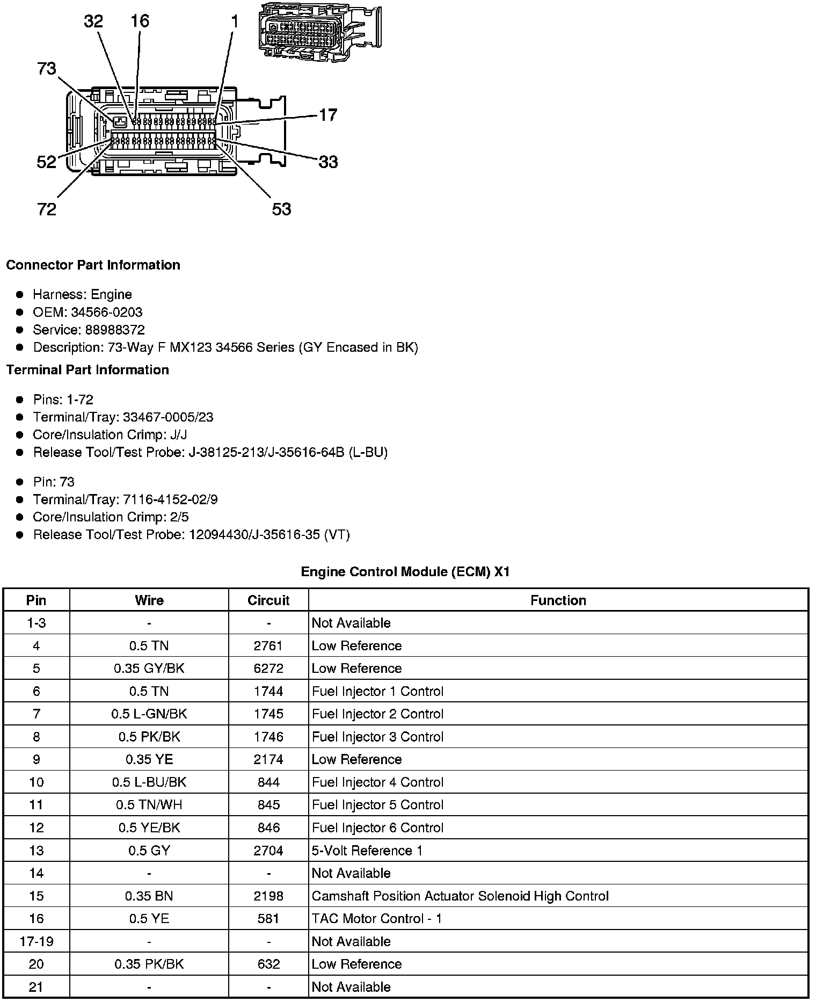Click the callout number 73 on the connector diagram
pyautogui.click(x=47, y=69)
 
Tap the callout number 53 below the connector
pyautogui.click(x=281, y=209)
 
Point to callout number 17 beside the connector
pyautogui.click(x=328, y=115)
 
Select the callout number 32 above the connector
pyautogui.click(x=93, y=21)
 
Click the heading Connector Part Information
pyautogui.click(x=93, y=265)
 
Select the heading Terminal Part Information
pyautogui.click(x=88, y=370)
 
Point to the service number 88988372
pyautogui.click(x=115, y=330)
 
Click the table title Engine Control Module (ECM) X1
pyautogui.click(x=405, y=571)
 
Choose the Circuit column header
pyautogui.click(x=268, y=600)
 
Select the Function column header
pyautogui.click(x=558, y=600)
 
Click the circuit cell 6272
pyautogui.click(x=268, y=669)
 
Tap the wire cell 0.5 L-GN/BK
pyautogui.click(x=149, y=714)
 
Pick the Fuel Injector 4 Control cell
pyautogui.click(x=377, y=782)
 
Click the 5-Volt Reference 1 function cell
pyautogui.click(x=367, y=851)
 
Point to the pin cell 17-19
pyautogui.click(x=37, y=941)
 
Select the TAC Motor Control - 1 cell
pyautogui.click(x=377, y=919)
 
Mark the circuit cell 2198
pyautogui.click(x=268, y=896)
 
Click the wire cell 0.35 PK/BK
pyautogui.click(x=149, y=964)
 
